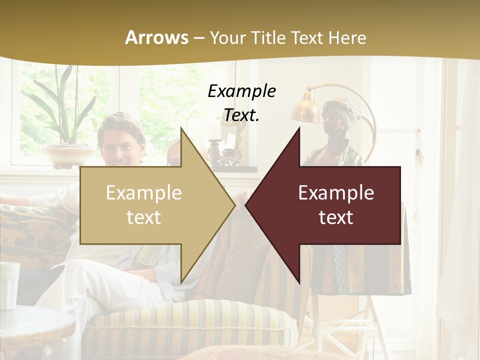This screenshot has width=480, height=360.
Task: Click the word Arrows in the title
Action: [156, 37]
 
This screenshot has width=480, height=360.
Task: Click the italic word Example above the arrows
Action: [241, 91]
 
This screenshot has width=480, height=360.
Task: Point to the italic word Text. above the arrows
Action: [241, 115]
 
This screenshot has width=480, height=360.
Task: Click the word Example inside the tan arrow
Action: [144, 193]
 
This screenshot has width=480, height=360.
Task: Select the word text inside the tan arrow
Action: [144, 217]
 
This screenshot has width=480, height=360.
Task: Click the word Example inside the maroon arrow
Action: [336, 193]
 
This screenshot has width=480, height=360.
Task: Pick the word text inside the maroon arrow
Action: [336, 217]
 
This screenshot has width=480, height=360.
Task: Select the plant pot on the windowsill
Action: [68, 155]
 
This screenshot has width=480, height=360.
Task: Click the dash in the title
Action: [198, 38]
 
